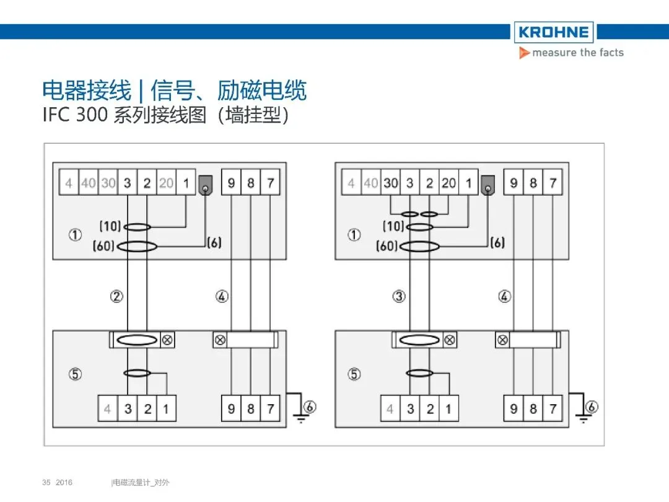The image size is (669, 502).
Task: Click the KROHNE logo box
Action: [553, 32]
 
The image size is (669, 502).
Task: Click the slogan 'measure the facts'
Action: [577, 53]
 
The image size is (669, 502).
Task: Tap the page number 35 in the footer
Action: [46, 482]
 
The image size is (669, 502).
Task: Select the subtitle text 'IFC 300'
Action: [74, 115]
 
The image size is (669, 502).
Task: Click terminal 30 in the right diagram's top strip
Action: [390, 183]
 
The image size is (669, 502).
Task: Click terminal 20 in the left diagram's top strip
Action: [166, 183]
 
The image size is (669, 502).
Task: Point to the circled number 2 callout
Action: [116, 297]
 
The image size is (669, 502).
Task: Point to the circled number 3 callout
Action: [400, 297]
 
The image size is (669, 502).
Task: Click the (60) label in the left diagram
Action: [104, 246]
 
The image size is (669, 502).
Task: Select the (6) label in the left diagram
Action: [214, 242]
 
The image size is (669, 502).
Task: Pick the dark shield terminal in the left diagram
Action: [205, 184]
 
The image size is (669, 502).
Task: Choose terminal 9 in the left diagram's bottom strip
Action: [231, 408]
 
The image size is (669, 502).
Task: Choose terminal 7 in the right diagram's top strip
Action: [552, 183]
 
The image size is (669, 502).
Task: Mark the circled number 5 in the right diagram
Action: [354, 374]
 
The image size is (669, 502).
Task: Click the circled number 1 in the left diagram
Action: [75, 236]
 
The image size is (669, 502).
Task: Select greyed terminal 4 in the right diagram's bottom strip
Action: [390, 409]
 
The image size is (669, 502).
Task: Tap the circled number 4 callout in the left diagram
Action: [222, 297]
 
